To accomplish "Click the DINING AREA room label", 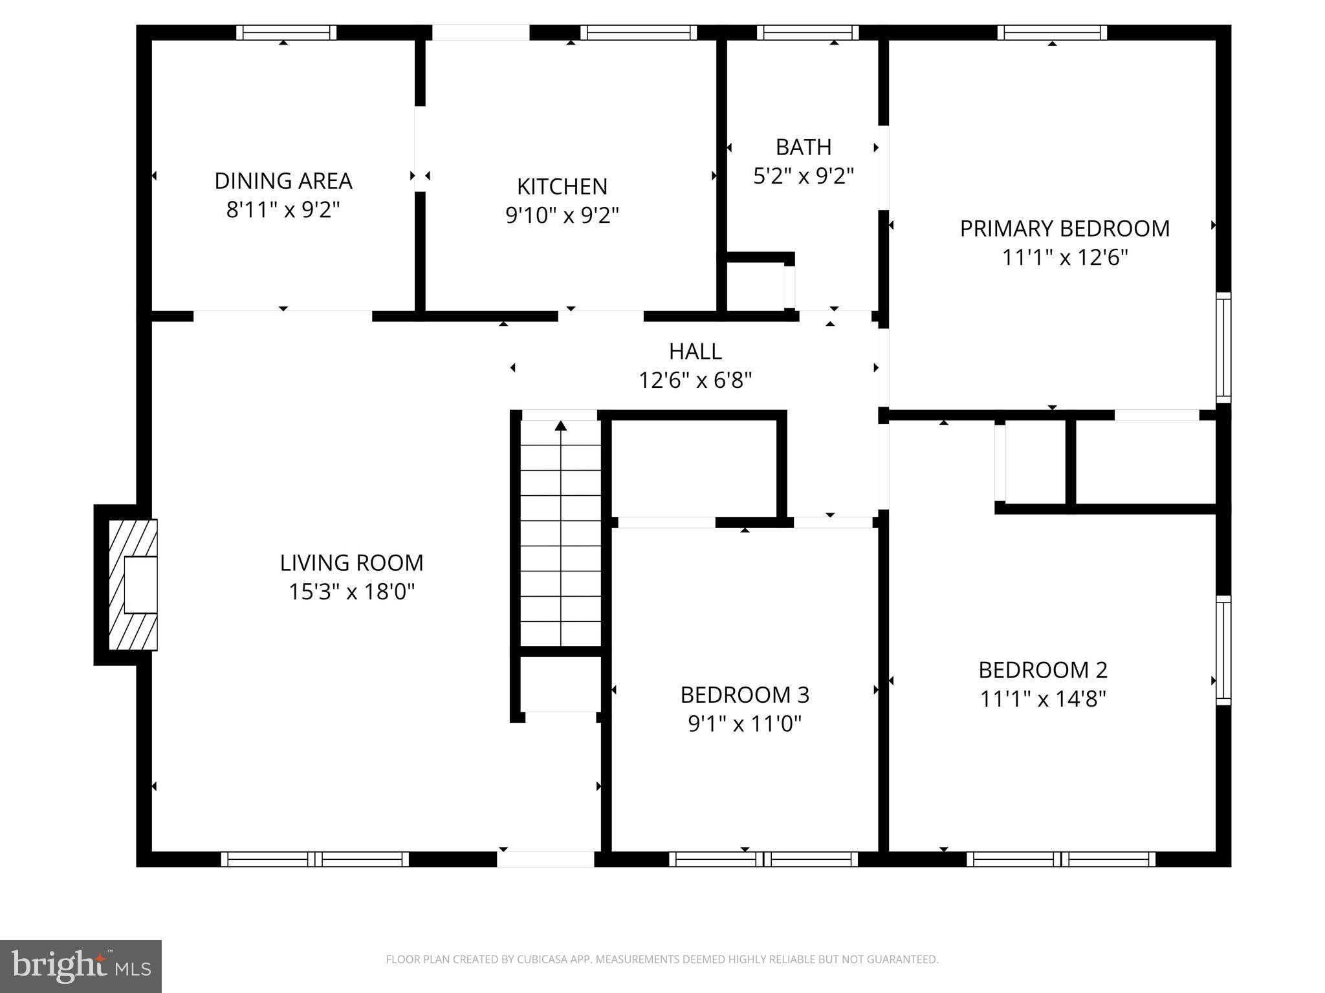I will [283, 181].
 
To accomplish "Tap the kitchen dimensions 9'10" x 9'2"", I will [562, 215].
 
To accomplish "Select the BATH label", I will [803, 147].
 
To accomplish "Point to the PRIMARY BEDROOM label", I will [1064, 229].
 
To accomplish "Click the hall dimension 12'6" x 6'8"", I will [695, 381].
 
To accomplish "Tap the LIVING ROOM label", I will [351, 563].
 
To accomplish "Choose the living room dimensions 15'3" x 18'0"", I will [351, 592].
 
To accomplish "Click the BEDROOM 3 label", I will [745, 695].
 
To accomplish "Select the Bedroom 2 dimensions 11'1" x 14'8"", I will [1043, 699].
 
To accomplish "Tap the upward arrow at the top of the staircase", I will [561, 425].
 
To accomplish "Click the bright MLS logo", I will [81, 966].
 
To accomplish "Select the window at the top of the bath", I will [807, 32].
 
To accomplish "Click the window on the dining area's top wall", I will [286, 32].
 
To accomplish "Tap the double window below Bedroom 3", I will [763, 859].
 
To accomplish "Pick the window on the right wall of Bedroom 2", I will [1223, 650].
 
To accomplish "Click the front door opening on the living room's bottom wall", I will [545, 859].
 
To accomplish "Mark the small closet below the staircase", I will [561, 684].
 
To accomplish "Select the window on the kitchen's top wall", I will [638, 32].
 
